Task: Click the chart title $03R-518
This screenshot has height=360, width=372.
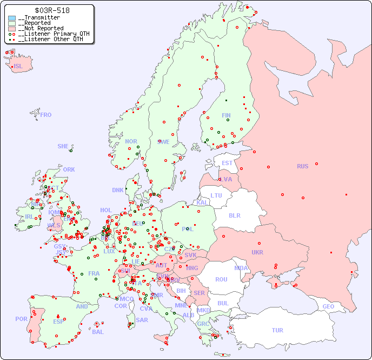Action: pos(51,10)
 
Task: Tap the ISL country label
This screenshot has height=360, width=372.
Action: pos(18,67)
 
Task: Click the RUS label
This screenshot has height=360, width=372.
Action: pos(303,166)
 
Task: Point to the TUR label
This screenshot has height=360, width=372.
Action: pos(277,330)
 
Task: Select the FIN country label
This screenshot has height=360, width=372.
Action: pos(226,115)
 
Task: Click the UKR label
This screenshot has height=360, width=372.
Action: pos(257,252)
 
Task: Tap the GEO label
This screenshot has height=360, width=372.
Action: pos(328,306)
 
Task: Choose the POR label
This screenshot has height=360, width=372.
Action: pos(21,319)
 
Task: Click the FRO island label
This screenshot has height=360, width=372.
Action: pos(46,115)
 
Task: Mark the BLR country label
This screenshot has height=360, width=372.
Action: pos(234,215)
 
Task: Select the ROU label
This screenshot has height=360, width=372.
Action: pos(221,279)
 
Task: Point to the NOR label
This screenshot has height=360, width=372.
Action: pos(131,141)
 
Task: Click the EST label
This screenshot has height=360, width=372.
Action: pos(227,163)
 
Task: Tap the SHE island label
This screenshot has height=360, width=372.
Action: pos(63,146)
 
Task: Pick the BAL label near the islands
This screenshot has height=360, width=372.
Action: pos(98,332)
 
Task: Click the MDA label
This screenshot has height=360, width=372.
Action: pos(241,268)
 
